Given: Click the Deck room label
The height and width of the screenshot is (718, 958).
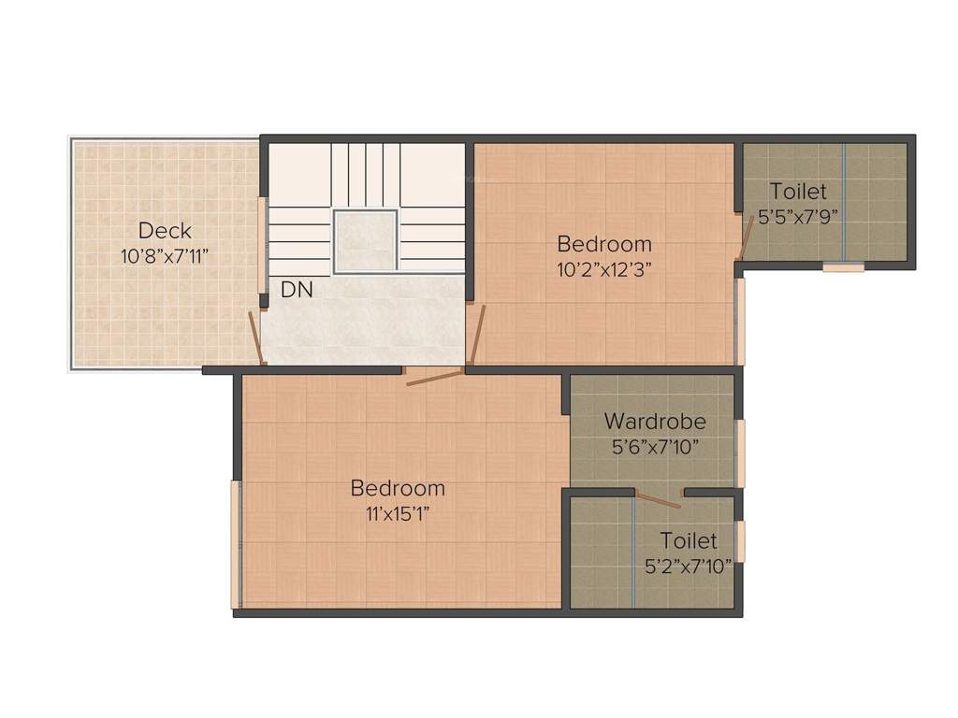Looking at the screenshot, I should click(165, 230).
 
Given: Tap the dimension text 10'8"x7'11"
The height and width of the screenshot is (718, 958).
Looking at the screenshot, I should click(165, 255).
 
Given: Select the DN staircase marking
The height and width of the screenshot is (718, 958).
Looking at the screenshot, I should click(297, 291).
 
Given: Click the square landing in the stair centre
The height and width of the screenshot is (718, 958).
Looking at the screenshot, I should click(366, 241).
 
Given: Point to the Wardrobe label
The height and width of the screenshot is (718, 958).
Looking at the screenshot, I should click(655, 421).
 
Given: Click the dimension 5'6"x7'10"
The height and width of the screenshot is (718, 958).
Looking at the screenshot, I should click(655, 446).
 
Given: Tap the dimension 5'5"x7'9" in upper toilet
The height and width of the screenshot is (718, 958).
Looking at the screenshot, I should click(798, 214).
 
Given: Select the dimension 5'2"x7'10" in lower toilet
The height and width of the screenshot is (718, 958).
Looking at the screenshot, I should click(689, 565).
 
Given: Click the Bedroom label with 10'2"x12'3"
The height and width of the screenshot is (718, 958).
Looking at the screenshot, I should click(604, 244).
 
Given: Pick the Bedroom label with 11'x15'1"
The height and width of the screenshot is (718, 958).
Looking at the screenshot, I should click(398, 488).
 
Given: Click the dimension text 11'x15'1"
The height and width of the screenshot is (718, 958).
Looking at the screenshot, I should click(398, 512).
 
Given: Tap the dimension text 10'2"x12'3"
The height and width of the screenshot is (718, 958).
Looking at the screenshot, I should click(604, 269).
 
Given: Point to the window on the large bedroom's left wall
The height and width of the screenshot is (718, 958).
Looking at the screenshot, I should click(235, 544).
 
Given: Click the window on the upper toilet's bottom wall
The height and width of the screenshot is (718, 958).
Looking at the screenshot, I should click(843, 267).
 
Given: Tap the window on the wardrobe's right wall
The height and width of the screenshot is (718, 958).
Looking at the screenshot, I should click(741, 453).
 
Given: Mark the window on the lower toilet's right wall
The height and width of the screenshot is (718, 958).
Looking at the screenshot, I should click(741, 541).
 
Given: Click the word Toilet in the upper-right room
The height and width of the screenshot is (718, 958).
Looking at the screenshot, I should click(798, 192).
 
